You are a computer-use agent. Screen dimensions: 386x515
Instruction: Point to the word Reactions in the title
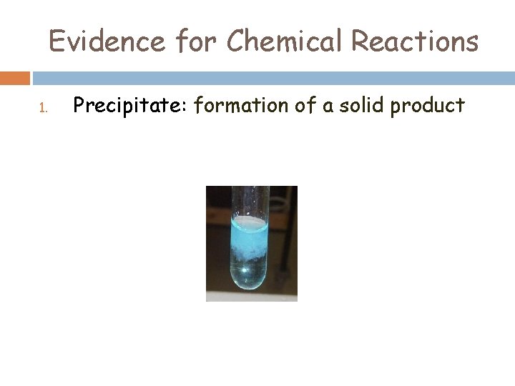[414, 41]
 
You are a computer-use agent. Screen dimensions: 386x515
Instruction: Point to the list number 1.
[42, 109]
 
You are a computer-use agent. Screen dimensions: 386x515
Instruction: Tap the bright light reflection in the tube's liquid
[246, 269]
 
